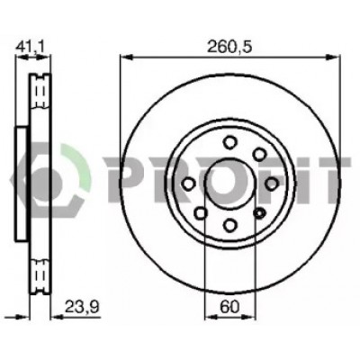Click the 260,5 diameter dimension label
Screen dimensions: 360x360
[x=230, y=47]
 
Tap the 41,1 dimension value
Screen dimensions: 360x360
[x=30, y=47]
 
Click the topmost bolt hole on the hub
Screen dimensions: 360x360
[x=230, y=142]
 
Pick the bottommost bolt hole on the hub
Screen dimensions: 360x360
[x=230, y=225]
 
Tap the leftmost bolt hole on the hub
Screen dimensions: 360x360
[x=189, y=184]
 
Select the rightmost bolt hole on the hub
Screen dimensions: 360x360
[x=272, y=184]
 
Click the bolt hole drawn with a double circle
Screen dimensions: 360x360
[x=259, y=213]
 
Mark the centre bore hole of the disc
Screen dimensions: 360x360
[x=230, y=184]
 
